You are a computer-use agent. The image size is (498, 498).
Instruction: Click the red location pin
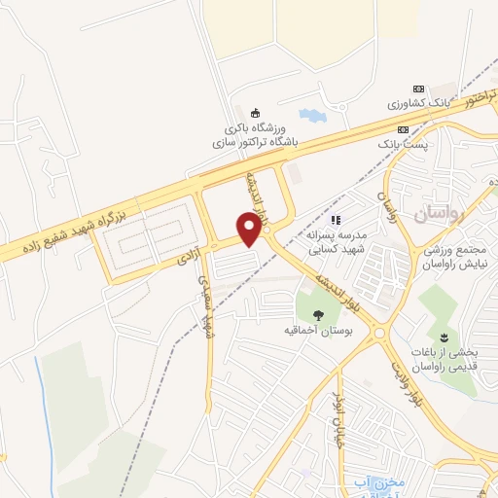coord(250,229)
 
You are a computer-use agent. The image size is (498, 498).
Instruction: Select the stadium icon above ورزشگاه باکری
coord(256,112)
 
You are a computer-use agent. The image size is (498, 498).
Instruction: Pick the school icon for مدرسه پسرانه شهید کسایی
coord(337,220)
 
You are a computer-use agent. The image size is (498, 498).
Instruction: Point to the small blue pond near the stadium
coord(311,116)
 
